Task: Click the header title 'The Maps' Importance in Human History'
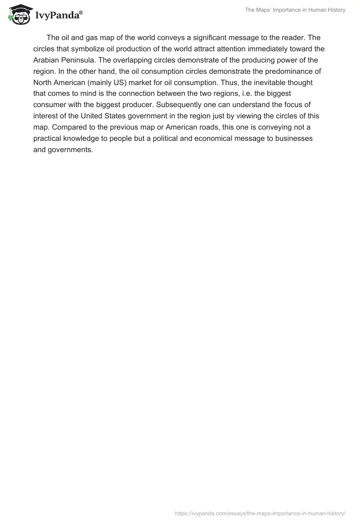point(295,10)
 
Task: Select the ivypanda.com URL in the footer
point(260,513)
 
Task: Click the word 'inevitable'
point(273,82)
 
